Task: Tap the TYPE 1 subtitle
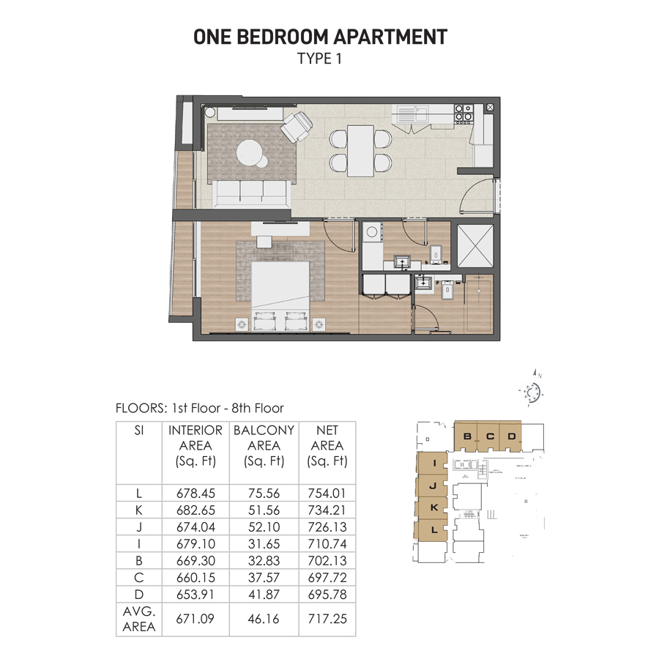(319, 59)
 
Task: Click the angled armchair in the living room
(297, 127)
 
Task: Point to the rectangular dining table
(360, 149)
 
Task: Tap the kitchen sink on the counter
(413, 113)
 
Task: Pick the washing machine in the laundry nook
(372, 235)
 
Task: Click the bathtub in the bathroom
(477, 305)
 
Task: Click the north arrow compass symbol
(533, 392)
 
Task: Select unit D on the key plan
(512, 437)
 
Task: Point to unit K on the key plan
(434, 507)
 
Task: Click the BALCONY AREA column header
(264, 445)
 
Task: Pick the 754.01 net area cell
(327, 494)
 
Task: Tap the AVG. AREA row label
(139, 619)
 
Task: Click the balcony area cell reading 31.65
(264, 543)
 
